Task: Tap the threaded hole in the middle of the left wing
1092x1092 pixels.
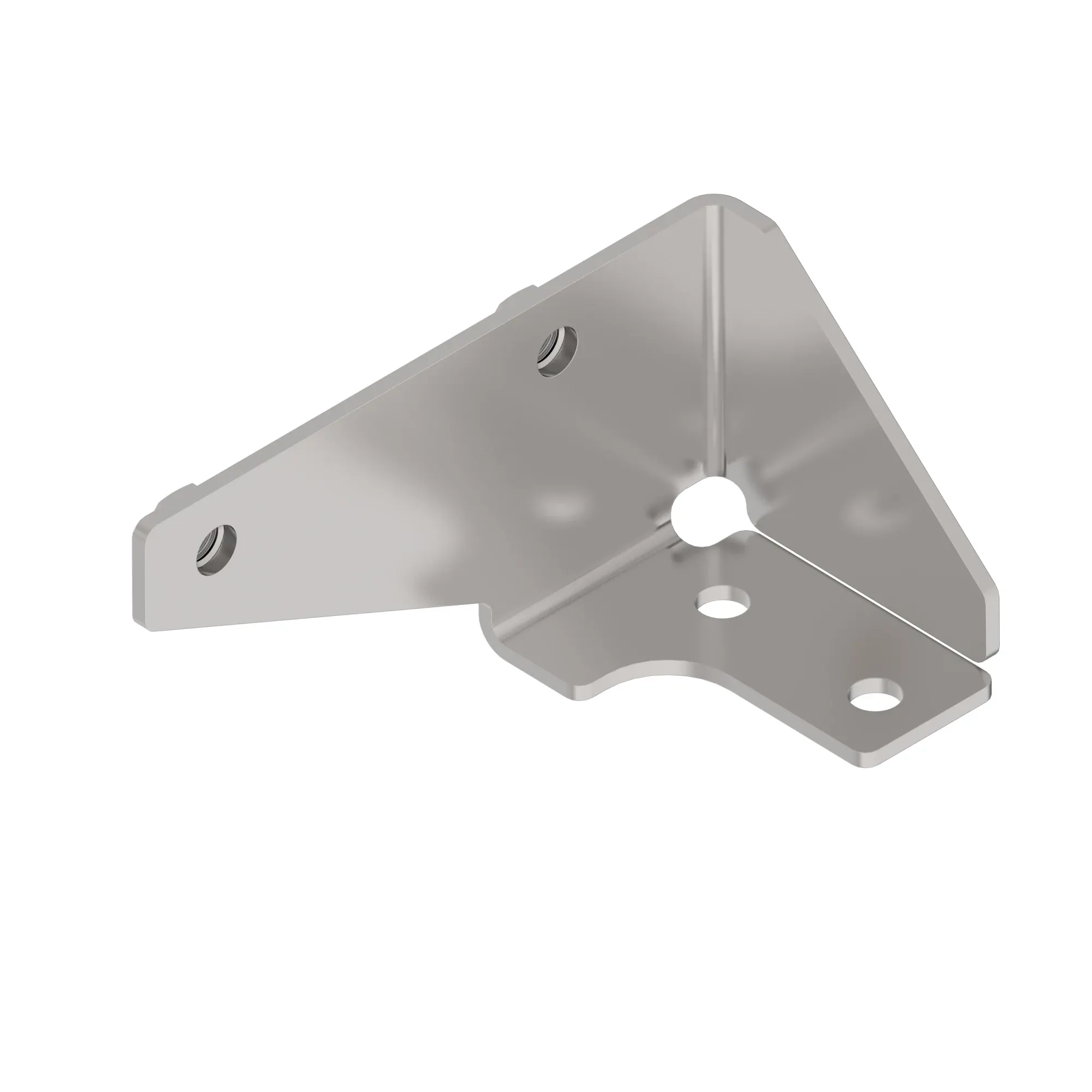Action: [557, 352]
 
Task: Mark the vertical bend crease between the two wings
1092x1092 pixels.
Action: [716, 339]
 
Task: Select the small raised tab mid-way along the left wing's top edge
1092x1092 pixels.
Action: [517, 296]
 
